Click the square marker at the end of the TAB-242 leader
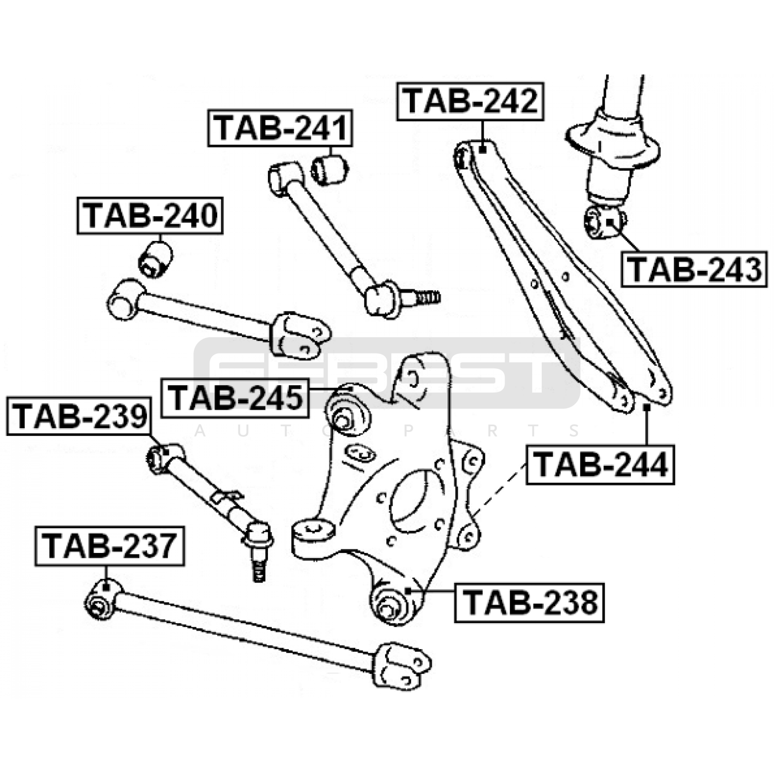482,150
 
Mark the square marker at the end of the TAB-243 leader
610,222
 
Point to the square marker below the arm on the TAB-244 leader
646,407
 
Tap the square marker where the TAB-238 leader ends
407,591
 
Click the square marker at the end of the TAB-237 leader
106,587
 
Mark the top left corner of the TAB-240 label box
77,197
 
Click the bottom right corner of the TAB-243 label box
767,287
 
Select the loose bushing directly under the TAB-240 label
155,259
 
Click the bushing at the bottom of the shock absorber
604,222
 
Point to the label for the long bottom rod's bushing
110,546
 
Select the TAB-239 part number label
79,416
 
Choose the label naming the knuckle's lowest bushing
530,602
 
